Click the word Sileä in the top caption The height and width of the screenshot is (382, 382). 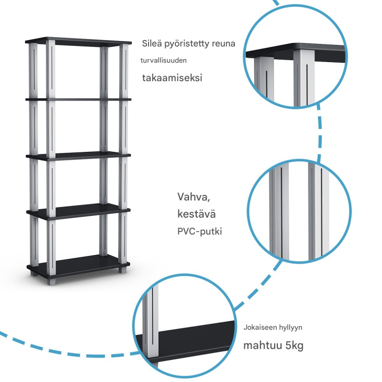tap(151, 43)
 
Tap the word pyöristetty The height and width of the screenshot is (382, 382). tap(185, 44)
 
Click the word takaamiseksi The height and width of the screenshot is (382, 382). tap(172, 78)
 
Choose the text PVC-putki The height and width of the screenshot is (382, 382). tap(200, 232)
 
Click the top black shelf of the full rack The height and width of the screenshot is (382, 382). tap(79, 41)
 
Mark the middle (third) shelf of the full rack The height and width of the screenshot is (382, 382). tap(79, 155)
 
